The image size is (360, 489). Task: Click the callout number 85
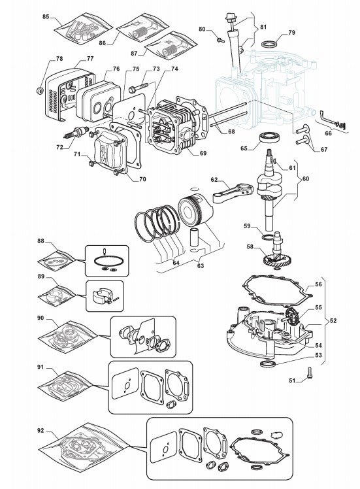[x=46, y=16]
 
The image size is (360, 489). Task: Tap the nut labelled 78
[x=40, y=91]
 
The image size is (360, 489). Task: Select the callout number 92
[x=41, y=431]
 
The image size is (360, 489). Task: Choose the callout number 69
[x=203, y=153]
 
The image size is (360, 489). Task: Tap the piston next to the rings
[x=196, y=211]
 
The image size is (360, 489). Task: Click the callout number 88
[x=41, y=241]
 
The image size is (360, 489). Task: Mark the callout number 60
[x=306, y=178]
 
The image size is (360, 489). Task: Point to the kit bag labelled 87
[x=172, y=44]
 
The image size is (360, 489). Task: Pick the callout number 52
[x=333, y=320]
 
